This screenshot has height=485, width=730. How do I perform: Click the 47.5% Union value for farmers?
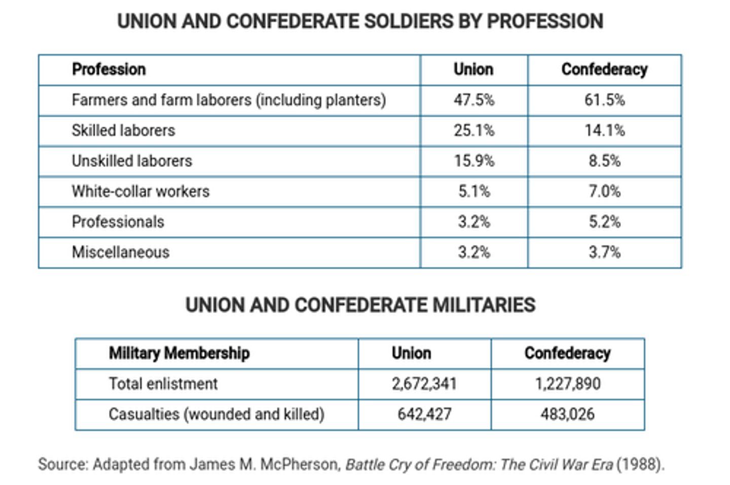tap(473, 100)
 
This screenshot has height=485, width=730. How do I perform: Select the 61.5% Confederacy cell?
tap(604, 100)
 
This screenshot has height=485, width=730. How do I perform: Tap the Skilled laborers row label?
tap(123, 130)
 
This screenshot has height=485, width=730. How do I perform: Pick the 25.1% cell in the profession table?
tap(473, 130)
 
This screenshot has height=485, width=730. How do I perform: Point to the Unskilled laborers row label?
tap(132, 161)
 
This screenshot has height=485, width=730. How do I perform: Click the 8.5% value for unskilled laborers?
tap(604, 161)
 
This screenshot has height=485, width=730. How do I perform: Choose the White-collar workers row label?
tap(140, 191)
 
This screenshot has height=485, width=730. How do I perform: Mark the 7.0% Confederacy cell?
tap(604, 191)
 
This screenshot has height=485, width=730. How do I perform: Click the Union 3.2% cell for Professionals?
tap(473, 222)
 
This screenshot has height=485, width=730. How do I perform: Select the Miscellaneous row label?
tap(121, 252)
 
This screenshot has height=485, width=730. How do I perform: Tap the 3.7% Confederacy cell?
tap(604, 252)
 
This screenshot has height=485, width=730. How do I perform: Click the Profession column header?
tap(108, 69)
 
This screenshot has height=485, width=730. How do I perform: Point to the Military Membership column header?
tap(179, 353)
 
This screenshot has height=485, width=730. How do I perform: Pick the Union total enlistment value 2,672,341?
tap(424, 384)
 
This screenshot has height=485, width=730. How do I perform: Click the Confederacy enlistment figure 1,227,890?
tap(567, 384)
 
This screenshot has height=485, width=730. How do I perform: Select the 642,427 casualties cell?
tap(424, 414)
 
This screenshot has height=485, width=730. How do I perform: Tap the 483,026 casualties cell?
tap(567, 414)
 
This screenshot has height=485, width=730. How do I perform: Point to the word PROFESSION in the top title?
tap(545, 21)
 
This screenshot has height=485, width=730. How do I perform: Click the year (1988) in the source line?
tap(640, 464)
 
